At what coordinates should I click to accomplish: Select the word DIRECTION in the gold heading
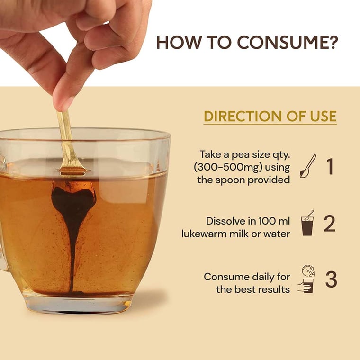(x=243, y=116)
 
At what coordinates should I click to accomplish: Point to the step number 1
(x=330, y=166)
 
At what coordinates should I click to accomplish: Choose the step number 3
(x=331, y=279)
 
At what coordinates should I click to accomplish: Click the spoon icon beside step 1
(x=308, y=166)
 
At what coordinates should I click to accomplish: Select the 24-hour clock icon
(x=308, y=270)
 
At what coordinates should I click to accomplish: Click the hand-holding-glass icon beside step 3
(x=306, y=286)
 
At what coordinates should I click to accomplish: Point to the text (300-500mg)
(x=228, y=167)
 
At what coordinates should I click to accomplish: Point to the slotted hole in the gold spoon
(x=72, y=172)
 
